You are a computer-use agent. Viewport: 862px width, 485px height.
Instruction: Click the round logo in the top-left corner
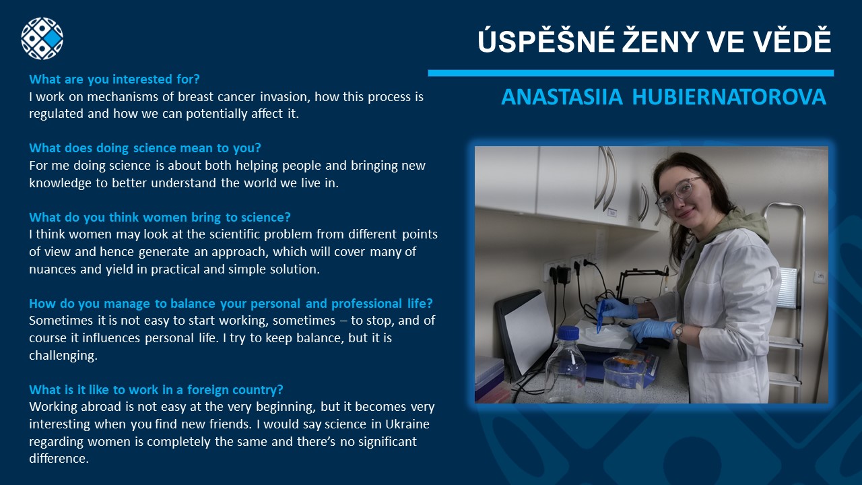42,38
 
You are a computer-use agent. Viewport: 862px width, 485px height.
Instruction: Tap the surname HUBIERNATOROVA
729,96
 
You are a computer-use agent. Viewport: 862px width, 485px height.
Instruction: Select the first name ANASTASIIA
562,96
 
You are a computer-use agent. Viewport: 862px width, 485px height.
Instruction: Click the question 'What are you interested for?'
114,79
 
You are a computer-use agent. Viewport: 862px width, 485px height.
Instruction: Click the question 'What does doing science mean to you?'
145,148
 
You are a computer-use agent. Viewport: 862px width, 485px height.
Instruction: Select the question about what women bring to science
160,217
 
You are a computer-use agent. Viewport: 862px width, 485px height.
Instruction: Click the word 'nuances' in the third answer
53,269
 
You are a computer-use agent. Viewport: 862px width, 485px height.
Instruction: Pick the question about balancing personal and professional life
231,303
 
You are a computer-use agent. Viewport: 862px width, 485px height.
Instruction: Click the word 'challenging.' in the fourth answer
63,355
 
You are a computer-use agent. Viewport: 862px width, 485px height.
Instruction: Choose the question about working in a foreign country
156,389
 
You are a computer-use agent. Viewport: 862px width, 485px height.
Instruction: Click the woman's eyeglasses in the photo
678,194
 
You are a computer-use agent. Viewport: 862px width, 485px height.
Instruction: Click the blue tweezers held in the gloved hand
600,316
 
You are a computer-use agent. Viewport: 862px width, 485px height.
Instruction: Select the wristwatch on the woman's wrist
679,331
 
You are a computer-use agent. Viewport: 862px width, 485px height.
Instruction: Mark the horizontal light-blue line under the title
631,73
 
